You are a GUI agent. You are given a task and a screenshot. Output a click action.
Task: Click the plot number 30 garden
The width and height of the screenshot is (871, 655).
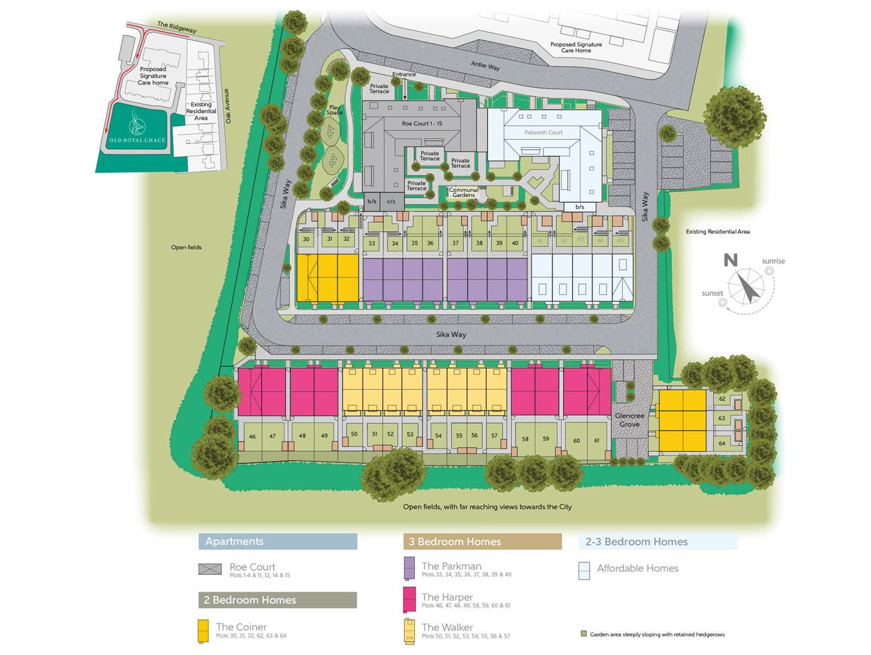pos(306,240)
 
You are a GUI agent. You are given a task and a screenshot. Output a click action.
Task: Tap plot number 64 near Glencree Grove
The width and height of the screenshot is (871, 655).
pos(722,444)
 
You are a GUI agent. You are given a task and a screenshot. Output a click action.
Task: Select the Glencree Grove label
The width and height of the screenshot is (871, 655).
pos(630,420)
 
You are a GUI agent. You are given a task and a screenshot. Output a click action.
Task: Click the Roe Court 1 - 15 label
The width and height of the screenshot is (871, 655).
pos(422,124)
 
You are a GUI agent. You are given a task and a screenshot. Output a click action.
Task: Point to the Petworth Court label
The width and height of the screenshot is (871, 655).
pos(543,132)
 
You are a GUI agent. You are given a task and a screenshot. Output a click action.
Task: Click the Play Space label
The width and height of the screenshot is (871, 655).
pos(334,110)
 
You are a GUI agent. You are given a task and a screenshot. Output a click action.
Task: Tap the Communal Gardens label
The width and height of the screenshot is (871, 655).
pos(463,192)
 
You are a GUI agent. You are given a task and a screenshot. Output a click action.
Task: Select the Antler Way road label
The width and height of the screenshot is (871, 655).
pos(486,65)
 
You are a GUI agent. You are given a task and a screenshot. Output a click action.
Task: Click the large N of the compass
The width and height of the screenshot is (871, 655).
pos(731,261)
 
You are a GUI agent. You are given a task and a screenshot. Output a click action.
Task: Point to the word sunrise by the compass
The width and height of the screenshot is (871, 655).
pos(773,261)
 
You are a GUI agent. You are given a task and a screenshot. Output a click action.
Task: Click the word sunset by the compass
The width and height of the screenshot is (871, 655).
pos(712,294)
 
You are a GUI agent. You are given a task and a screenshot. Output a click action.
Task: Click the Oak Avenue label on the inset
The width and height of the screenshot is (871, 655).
pos(229,106)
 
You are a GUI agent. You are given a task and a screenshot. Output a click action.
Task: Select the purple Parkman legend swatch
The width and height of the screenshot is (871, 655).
pos(409,568)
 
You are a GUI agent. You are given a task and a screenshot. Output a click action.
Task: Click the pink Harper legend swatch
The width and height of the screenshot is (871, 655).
pos(409,599)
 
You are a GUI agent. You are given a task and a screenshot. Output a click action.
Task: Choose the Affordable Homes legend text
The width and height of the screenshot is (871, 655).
pos(637,568)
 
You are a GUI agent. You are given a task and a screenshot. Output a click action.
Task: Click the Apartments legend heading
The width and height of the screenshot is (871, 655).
pos(234,542)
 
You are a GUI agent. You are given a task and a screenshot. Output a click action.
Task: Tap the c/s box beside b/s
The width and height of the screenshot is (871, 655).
pos(391,201)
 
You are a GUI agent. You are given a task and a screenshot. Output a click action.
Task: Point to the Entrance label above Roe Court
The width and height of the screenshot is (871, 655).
pos(404,75)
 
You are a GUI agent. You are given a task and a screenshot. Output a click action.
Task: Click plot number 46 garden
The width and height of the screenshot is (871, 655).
pos(252,436)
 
